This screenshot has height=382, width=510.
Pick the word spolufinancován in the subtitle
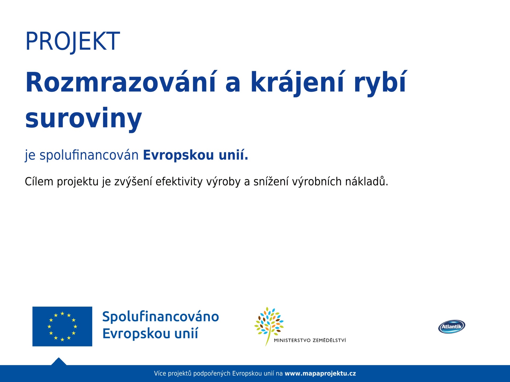coord(89,155)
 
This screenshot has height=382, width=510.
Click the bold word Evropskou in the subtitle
coord(178,155)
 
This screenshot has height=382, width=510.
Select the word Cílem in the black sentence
coord(39,181)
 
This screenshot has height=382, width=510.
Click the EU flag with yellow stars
coord(62,326)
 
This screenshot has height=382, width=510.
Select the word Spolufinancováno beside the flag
coord(161,316)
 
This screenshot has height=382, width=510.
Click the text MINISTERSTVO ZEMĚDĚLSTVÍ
coord(310,340)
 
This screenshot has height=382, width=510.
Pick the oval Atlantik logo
coord(452,327)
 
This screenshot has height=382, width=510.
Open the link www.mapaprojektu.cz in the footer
coord(320,374)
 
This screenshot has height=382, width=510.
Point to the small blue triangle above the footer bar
coord(59,362)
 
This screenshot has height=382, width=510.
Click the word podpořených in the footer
coord(212,374)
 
